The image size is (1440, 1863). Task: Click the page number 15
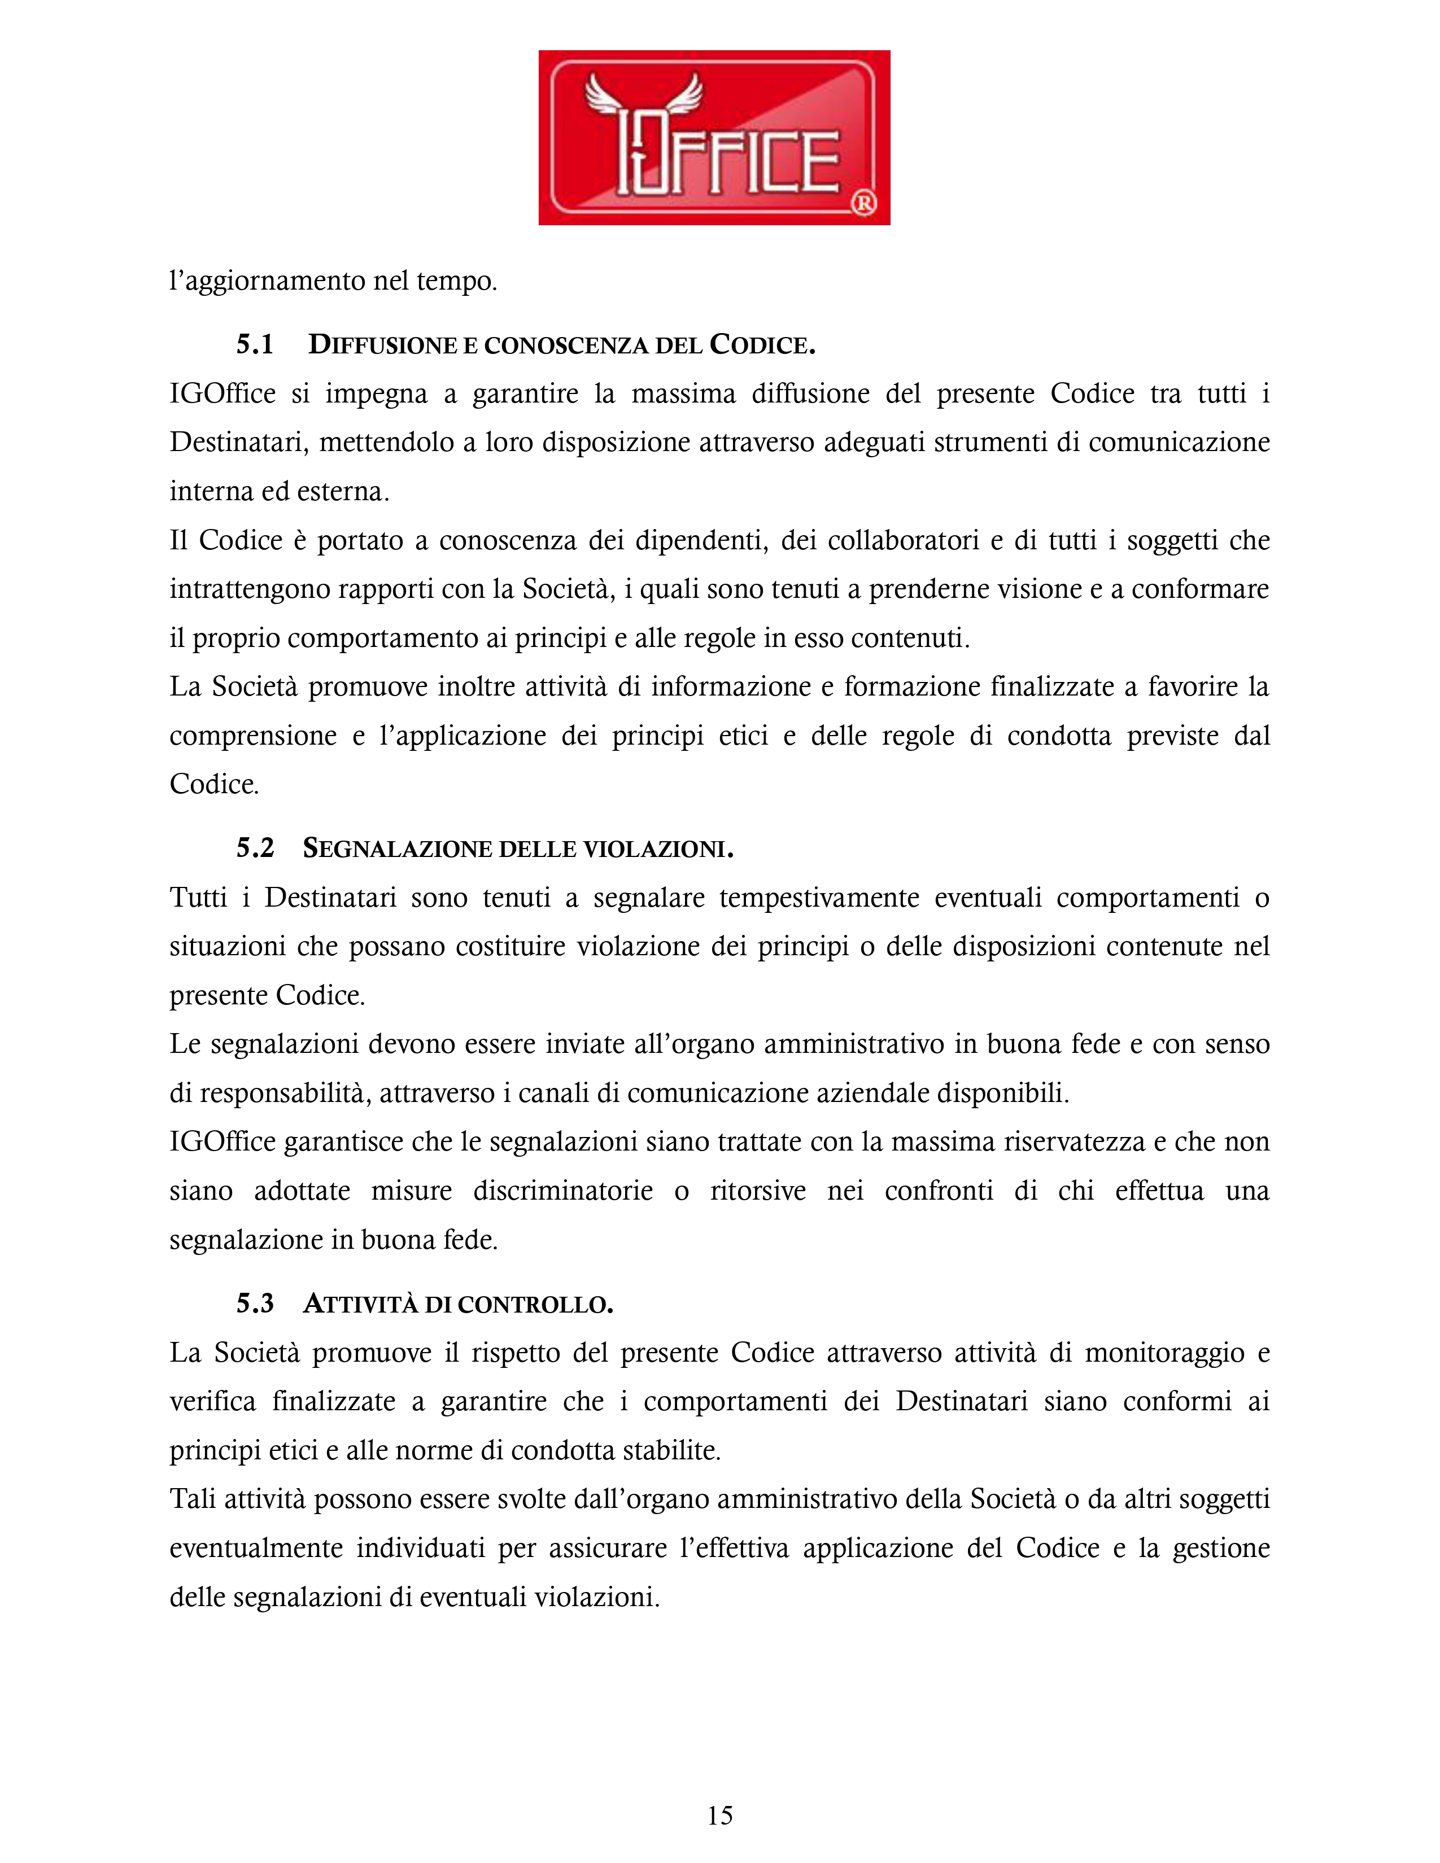[719, 1814]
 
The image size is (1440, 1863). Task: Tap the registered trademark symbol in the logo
[863, 203]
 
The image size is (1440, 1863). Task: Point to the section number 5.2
[255, 848]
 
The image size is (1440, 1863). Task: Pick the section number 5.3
[255, 1304]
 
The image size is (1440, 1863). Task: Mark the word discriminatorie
[563, 1190]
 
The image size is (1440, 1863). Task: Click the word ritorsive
[757, 1190]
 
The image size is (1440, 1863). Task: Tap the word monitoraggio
[1164, 1353]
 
